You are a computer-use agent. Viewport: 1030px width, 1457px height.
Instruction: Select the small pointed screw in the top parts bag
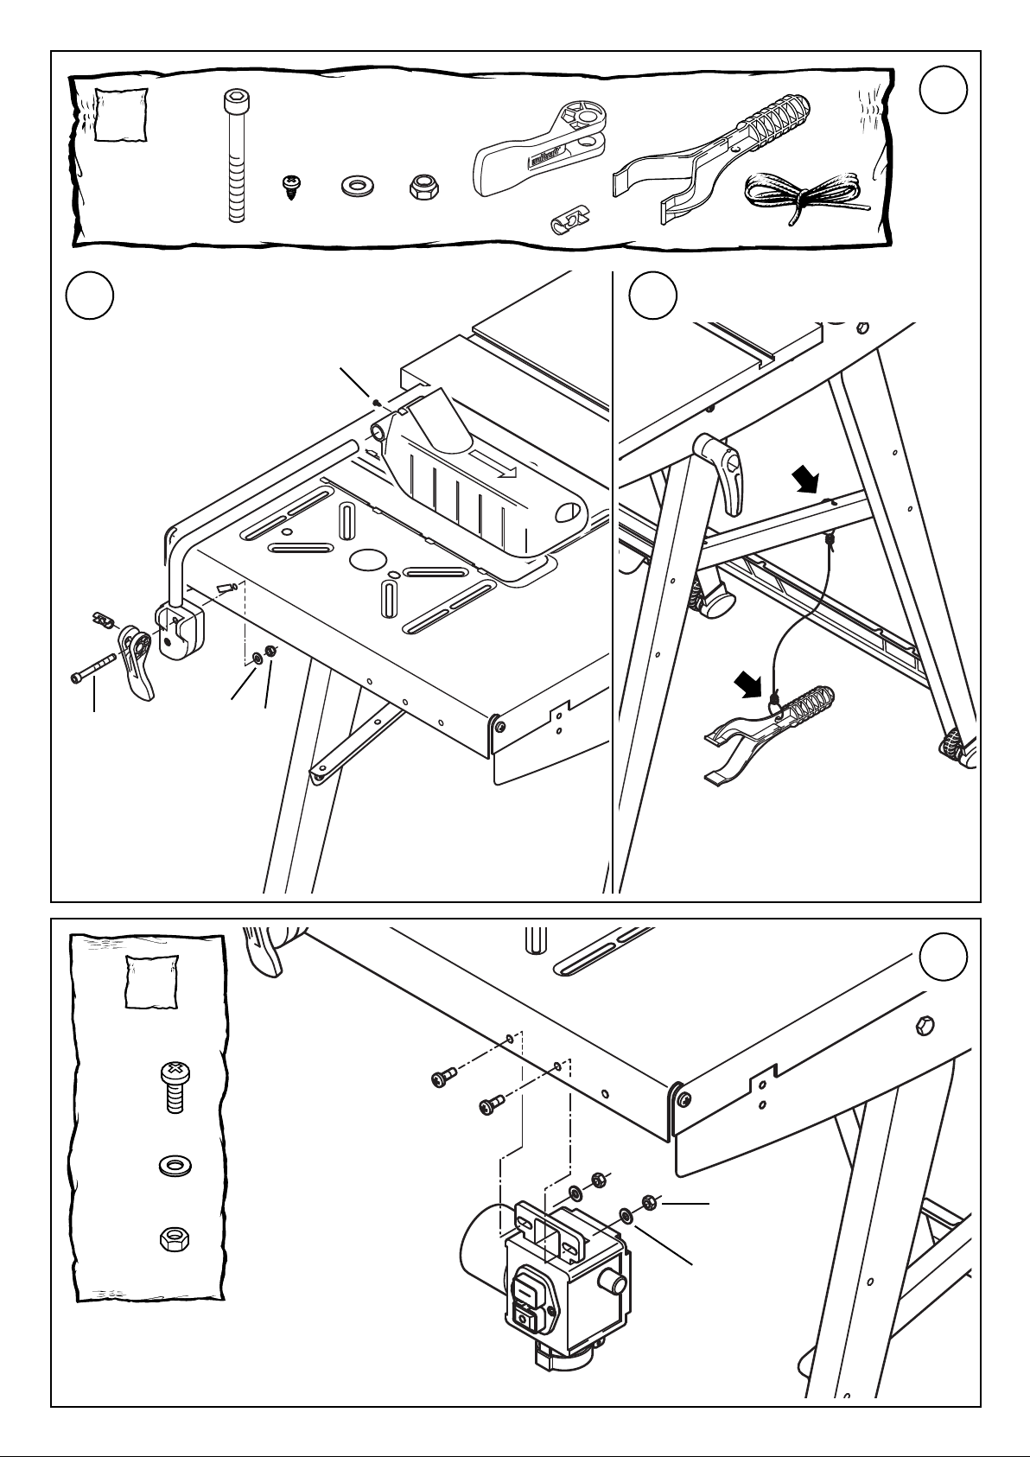(289, 187)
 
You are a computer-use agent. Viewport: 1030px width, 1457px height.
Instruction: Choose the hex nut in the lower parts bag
(175, 1240)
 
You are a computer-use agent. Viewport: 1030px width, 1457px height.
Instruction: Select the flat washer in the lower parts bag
(175, 1167)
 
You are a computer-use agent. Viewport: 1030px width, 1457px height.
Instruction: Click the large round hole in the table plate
(368, 560)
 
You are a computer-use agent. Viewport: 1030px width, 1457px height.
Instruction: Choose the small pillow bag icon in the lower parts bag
(153, 982)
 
